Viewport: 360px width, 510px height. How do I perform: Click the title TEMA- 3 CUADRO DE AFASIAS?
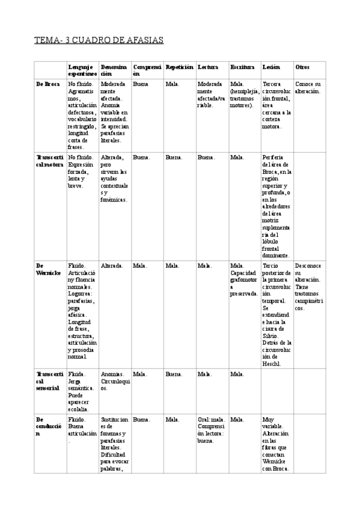point(99,40)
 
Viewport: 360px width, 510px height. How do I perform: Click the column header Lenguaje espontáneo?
point(81,69)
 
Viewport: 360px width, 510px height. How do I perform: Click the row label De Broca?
point(47,84)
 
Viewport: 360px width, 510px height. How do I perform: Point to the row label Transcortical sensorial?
point(49,381)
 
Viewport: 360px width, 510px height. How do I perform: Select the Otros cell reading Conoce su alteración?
point(308,88)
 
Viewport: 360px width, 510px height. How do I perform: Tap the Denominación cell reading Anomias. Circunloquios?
point(114,381)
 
